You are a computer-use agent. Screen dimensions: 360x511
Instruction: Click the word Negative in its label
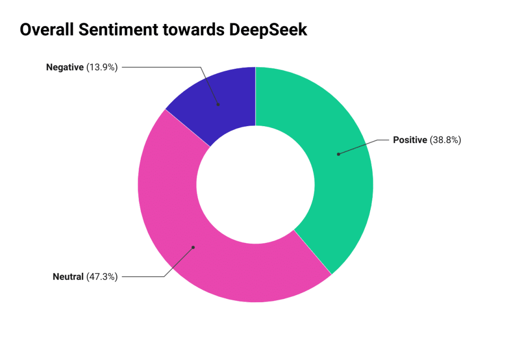(65, 67)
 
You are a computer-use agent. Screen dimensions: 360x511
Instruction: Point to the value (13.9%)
(102, 67)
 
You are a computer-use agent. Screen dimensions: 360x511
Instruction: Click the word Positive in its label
(410, 140)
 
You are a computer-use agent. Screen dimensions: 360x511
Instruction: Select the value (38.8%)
(445, 140)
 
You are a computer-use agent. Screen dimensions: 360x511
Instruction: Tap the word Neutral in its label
(68, 277)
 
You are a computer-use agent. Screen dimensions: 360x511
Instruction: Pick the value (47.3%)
(102, 277)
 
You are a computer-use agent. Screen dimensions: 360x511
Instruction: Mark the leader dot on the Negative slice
(218, 104)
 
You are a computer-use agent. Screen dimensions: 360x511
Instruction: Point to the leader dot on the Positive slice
(338, 154)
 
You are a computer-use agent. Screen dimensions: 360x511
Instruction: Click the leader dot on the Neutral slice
(193, 247)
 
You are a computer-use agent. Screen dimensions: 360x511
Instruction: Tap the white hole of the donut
(255, 185)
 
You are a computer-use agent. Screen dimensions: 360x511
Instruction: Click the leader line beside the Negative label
(160, 67)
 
